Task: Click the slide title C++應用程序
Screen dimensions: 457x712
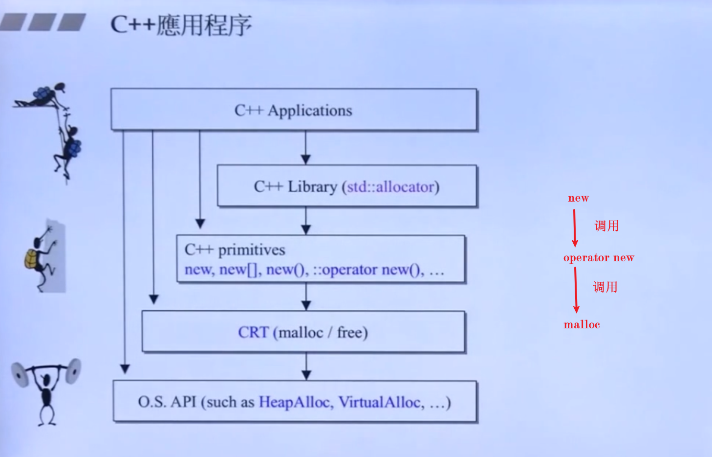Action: tap(181, 25)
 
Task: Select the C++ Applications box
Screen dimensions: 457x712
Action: tap(293, 110)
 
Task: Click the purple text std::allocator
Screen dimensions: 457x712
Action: tap(390, 186)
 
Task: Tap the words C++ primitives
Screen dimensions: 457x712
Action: tap(235, 250)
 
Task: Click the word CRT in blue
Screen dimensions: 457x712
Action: tap(253, 332)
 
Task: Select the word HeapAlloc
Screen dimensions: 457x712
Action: tap(295, 402)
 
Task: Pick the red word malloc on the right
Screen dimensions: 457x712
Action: tap(582, 324)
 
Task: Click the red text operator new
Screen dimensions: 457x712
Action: tap(599, 258)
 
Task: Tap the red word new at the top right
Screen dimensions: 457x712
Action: tap(578, 198)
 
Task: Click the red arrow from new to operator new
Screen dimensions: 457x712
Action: tap(575, 228)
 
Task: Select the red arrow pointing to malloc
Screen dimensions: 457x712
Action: tap(576, 290)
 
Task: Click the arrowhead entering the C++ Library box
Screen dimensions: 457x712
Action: tap(306, 159)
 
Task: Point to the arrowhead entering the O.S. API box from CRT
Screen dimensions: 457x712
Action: tap(306, 375)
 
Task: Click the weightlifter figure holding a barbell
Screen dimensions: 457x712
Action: tap(46, 389)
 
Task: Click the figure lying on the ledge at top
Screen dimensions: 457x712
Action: tap(42, 95)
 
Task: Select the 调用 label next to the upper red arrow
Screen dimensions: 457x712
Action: tap(606, 226)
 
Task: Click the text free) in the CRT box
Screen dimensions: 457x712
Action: tap(352, 333)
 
